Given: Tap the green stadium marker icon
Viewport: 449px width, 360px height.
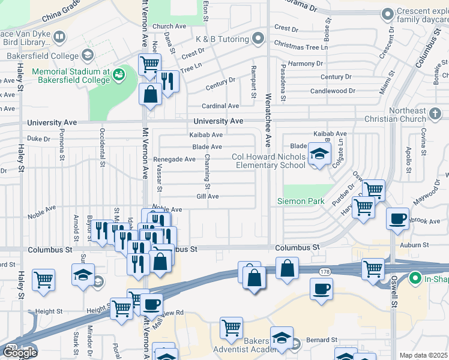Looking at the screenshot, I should (119, 74).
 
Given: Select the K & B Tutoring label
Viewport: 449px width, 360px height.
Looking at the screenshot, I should (222, 40).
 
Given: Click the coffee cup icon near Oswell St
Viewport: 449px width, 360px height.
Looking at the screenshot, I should (398, 219).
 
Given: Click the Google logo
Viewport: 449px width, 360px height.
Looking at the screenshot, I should (20, 353).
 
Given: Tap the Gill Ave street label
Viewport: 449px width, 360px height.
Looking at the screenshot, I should (208, 196).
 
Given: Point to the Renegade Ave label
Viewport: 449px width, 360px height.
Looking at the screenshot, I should (174, 160).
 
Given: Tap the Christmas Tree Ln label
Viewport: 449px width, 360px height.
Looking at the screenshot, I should (301, 45).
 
